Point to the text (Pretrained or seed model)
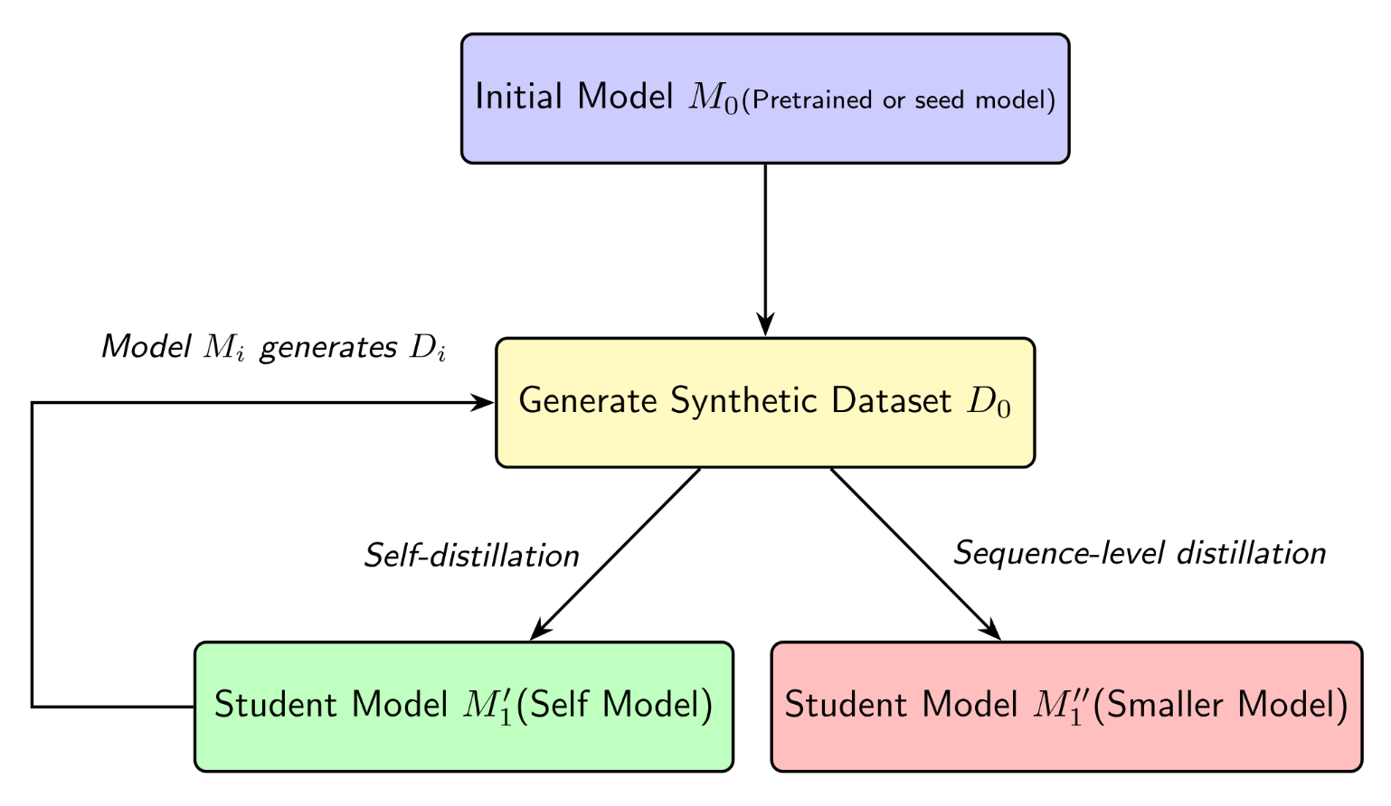point(898,100)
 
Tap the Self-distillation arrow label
point(471,556)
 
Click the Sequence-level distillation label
point(1140,553)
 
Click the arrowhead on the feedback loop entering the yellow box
point(485,403)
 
